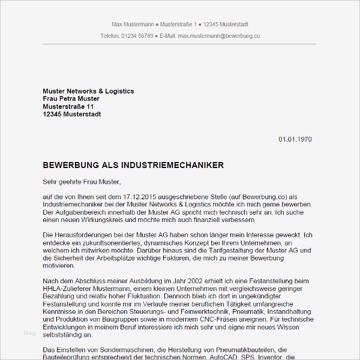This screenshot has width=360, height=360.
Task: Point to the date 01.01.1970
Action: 295,139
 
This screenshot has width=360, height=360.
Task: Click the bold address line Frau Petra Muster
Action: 71,98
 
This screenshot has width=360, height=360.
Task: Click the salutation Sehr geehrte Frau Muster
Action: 82,181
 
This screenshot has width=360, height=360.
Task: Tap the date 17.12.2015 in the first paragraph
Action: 126,197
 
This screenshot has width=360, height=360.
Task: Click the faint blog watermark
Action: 29,332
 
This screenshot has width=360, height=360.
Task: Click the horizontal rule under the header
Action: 179,44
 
